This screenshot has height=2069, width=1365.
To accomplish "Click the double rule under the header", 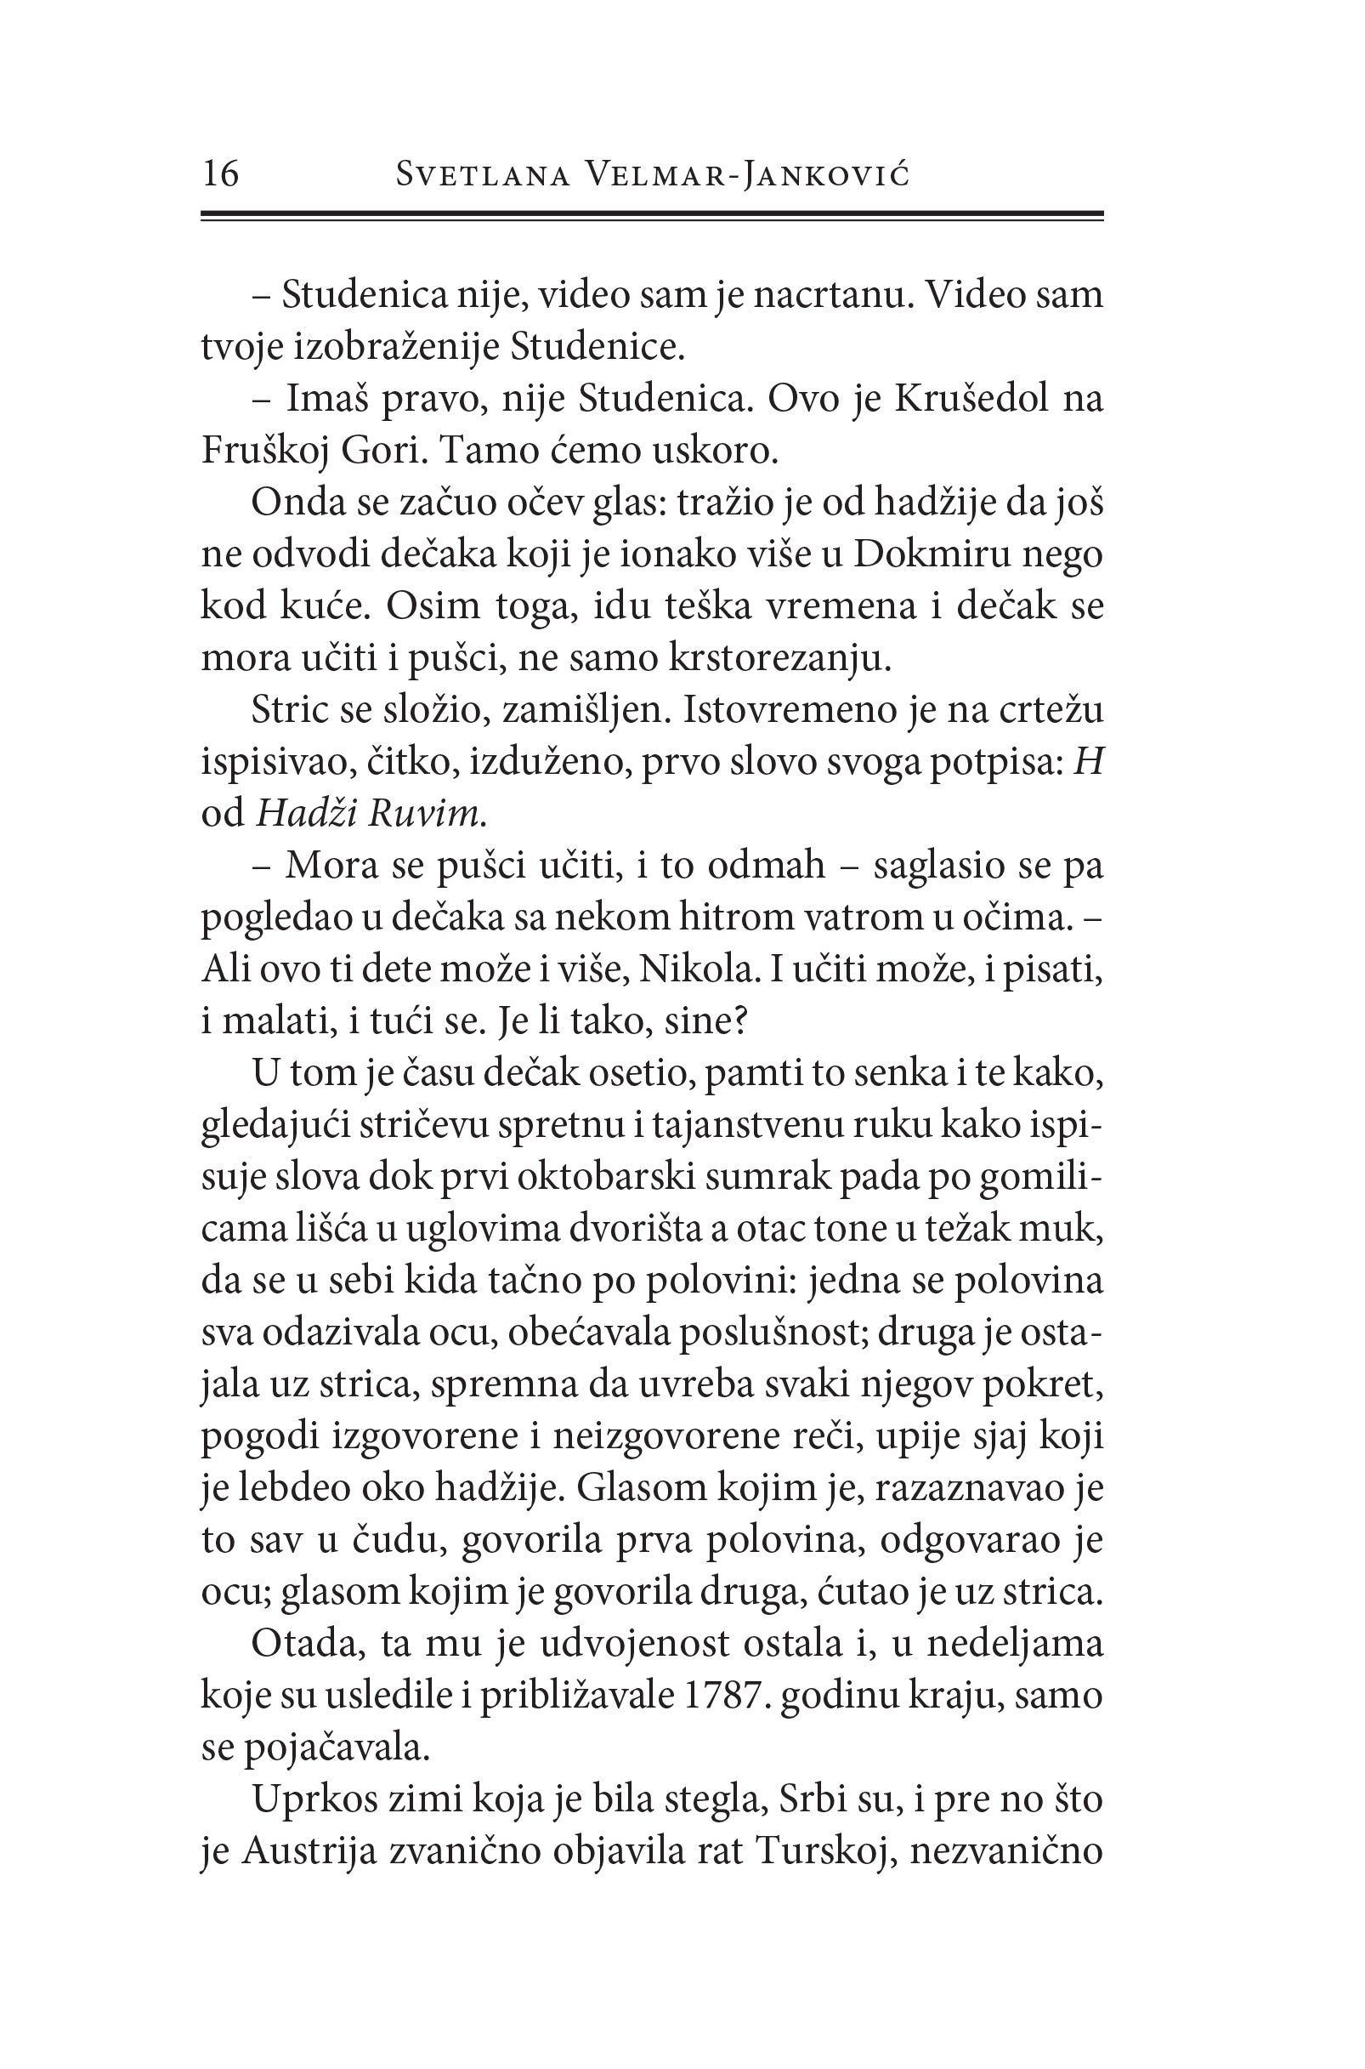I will pos(652,215).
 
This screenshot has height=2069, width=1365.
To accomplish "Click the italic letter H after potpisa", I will pos(1089,763).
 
